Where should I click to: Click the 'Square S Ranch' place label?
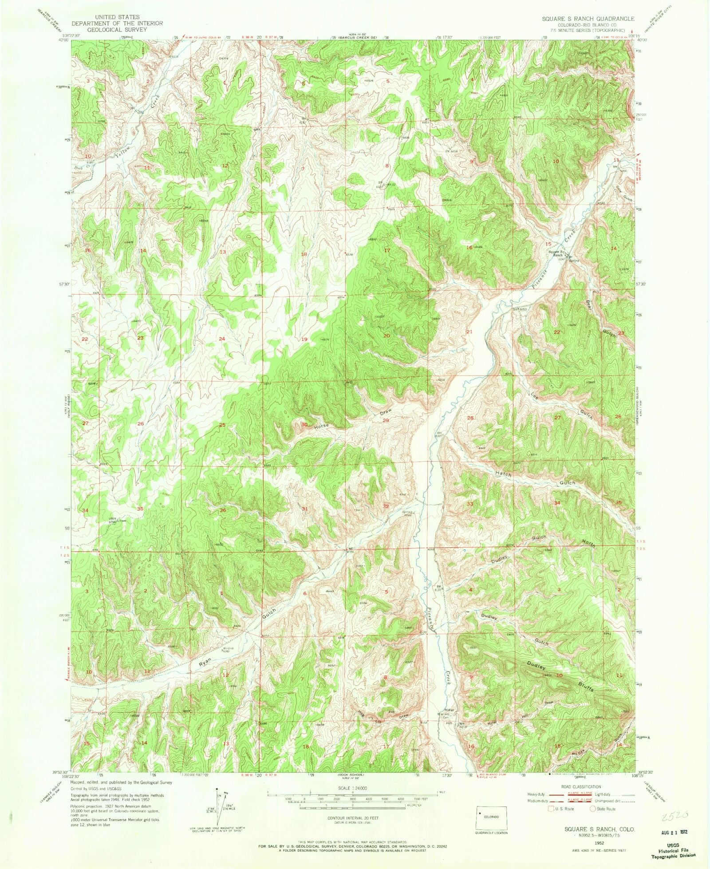[x=556, y=254]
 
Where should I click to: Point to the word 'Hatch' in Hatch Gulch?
[x=503, y=474]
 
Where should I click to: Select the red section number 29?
[x=386, y=420]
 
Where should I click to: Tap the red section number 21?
[x=469, y=332]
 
